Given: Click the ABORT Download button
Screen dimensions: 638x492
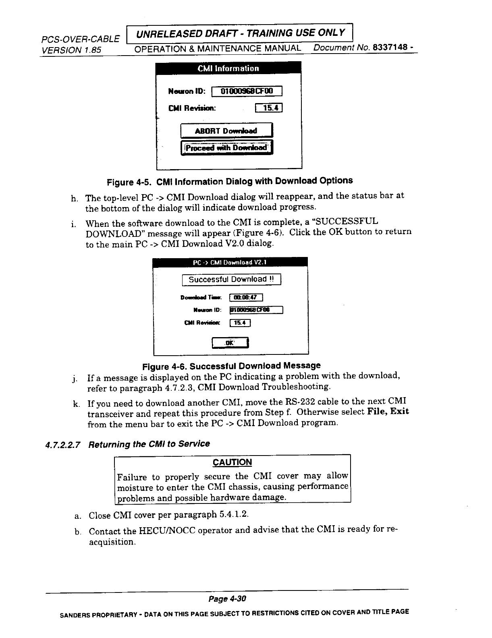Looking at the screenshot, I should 226,131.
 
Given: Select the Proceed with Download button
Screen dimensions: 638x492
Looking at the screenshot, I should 226,147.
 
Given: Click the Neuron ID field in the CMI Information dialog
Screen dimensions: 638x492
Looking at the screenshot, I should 247,91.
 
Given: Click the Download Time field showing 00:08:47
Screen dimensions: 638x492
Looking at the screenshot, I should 246,298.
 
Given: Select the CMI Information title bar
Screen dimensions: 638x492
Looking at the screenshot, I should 228,68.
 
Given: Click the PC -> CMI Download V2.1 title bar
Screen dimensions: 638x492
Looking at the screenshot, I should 230,262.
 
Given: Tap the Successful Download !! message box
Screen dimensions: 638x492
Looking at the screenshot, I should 231,279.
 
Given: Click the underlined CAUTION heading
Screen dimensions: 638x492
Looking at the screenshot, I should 232,462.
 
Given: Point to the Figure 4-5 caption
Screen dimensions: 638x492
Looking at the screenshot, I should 230,181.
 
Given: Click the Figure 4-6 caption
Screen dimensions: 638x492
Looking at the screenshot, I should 232,366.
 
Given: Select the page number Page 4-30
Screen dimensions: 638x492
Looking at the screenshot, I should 227,599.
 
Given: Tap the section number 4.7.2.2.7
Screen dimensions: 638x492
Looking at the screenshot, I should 63,445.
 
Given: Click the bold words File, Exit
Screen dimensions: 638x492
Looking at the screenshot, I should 388,412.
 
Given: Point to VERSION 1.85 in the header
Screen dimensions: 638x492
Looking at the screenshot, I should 71,50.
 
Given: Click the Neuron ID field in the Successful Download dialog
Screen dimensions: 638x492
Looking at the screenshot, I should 256,310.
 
